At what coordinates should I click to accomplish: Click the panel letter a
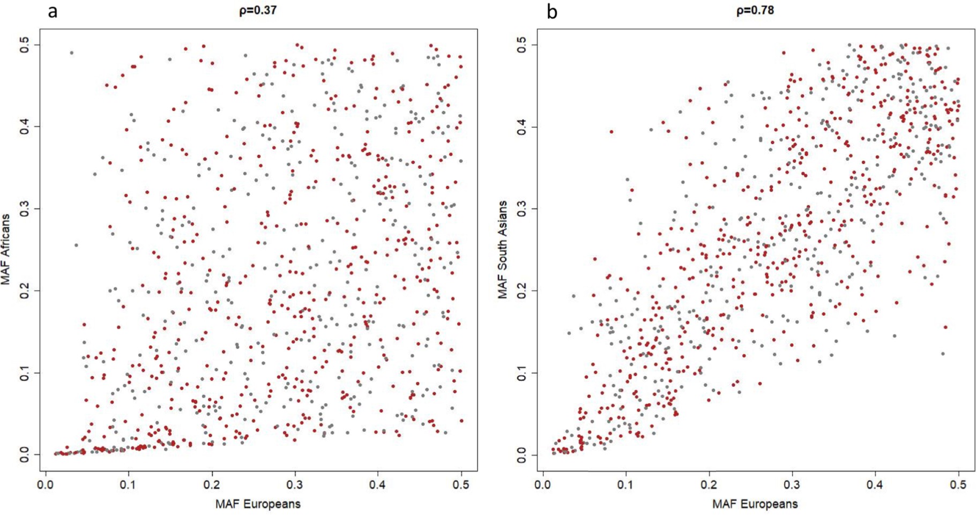click(52, 11)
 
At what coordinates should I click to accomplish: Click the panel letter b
click(551, 11)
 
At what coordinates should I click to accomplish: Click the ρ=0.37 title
click(258, 10)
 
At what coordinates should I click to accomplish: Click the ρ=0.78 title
click(755, 10)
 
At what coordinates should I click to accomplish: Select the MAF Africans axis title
click(6, 250)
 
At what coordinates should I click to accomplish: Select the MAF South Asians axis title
click(502, 250)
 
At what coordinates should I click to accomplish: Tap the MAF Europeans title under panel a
click(258, 504)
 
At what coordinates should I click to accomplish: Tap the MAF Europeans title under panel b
click(755, 504)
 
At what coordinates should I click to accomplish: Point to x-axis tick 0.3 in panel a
click(295, 485)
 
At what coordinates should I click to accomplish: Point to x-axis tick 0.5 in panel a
click(461, 485)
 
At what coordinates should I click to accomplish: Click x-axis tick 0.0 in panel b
click(543, 485)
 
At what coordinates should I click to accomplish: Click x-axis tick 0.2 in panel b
click(709, 485)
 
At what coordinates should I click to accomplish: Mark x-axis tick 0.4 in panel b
click(875, 485)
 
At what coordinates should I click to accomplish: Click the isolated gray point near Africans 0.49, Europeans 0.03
click(71, 53)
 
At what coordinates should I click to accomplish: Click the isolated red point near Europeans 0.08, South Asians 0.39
click(611, 132)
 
